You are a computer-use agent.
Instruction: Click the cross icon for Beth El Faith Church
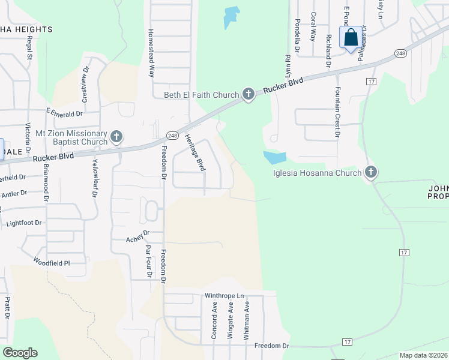coord(249,94)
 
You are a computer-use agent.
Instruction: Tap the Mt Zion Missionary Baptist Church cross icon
coord(116,137)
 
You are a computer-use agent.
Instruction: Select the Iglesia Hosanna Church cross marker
coord(371,173)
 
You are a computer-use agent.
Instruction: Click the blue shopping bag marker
coord(351,37)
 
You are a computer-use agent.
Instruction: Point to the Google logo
coord(20,353)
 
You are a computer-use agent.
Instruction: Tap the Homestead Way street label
coord(152,53)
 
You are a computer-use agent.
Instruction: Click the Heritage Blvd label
coord(194,152)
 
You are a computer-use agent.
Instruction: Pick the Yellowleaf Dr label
coord(94,178)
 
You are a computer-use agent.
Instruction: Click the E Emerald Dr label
coord(64,113)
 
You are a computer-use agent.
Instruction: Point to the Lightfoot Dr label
coord(23,223)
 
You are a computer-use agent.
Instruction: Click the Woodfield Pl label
coord(52,262)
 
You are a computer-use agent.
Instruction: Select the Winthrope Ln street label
coord(224,296)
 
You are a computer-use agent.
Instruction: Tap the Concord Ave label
coord(214,321)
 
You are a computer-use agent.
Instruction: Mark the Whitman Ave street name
coord(246,321)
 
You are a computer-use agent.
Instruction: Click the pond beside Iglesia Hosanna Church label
coord(274,157)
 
